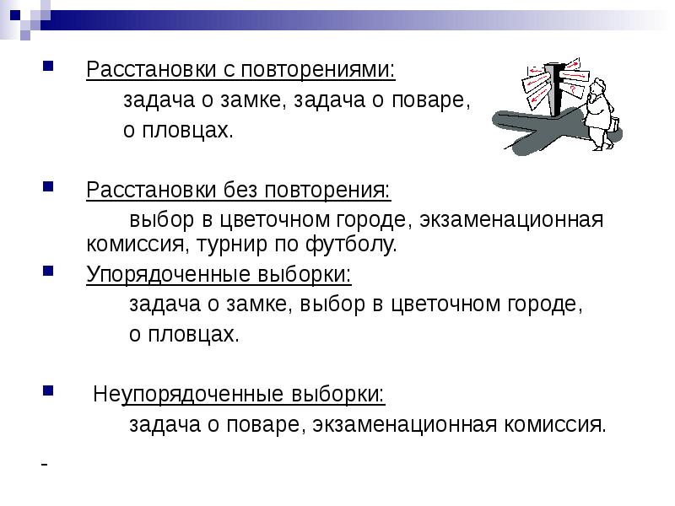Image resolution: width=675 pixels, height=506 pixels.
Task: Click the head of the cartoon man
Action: click(x=597, y=85)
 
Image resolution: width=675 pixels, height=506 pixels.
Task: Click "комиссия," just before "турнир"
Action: click(x=138, y=245)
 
